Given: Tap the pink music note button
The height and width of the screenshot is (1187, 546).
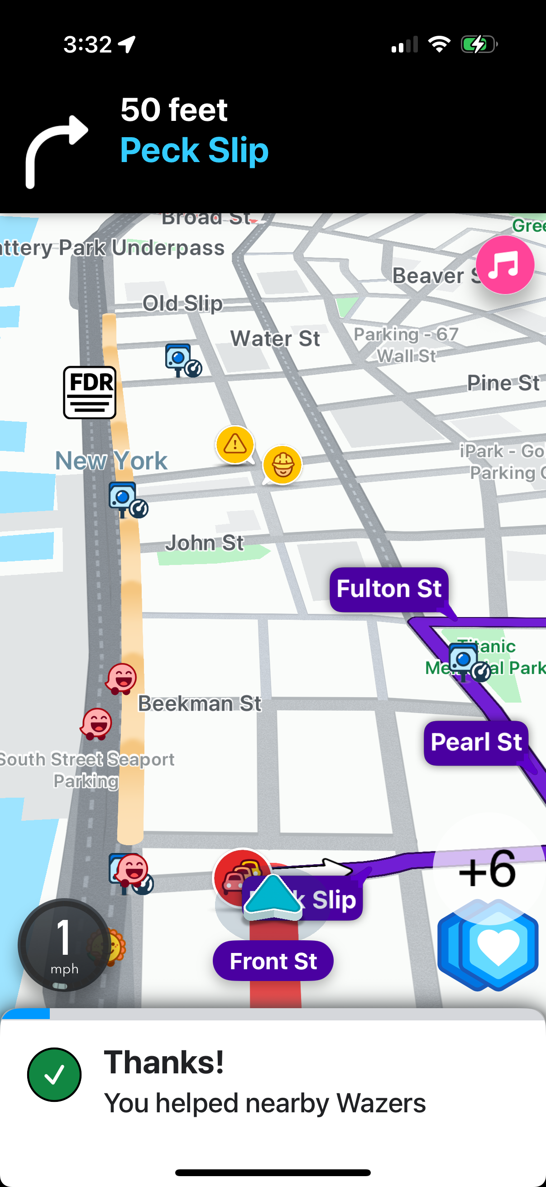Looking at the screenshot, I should coord(504,265).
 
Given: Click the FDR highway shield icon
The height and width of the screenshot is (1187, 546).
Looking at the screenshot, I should coord(89,392).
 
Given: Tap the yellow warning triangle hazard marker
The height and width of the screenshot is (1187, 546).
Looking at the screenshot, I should coord(235,445).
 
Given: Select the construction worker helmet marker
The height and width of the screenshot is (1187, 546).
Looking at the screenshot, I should coord(283,464).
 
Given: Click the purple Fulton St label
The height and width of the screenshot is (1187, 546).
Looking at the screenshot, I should coord(388,589).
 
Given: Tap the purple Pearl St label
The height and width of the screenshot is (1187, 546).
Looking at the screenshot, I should coord(475,742).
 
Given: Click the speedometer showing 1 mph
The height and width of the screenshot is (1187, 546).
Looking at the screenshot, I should coord(64,945).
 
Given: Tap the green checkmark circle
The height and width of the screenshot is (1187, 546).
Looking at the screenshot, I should coord(54,1075).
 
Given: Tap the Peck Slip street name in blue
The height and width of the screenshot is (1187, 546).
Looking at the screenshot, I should coord(194,150).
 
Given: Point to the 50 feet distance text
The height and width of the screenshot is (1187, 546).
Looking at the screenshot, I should coord(174,110).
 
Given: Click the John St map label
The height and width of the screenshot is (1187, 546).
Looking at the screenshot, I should coord(204,543).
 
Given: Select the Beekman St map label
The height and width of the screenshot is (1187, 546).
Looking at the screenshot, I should coord(200,704).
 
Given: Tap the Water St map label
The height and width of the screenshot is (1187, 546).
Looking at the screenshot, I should coord(275,339).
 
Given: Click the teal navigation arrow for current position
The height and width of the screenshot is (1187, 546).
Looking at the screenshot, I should coord(273,896).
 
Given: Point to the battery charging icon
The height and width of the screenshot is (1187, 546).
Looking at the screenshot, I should coord(479,45).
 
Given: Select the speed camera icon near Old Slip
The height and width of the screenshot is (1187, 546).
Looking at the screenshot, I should coord(182,360).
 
